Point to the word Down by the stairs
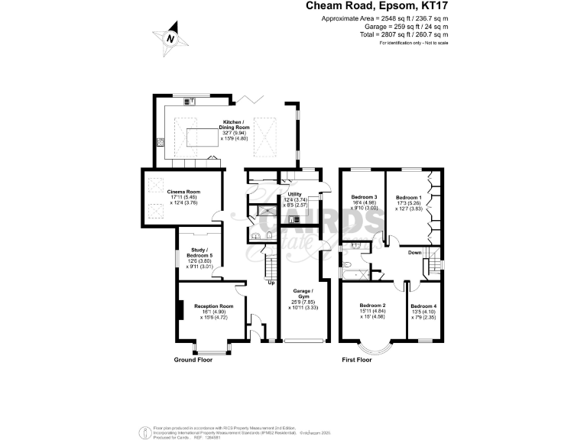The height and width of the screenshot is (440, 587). coord(414,252)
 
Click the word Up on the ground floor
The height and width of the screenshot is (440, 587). coord(271,283)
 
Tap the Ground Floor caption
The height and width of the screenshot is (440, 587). coord(193,359)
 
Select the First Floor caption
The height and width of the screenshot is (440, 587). coord(356,359)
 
